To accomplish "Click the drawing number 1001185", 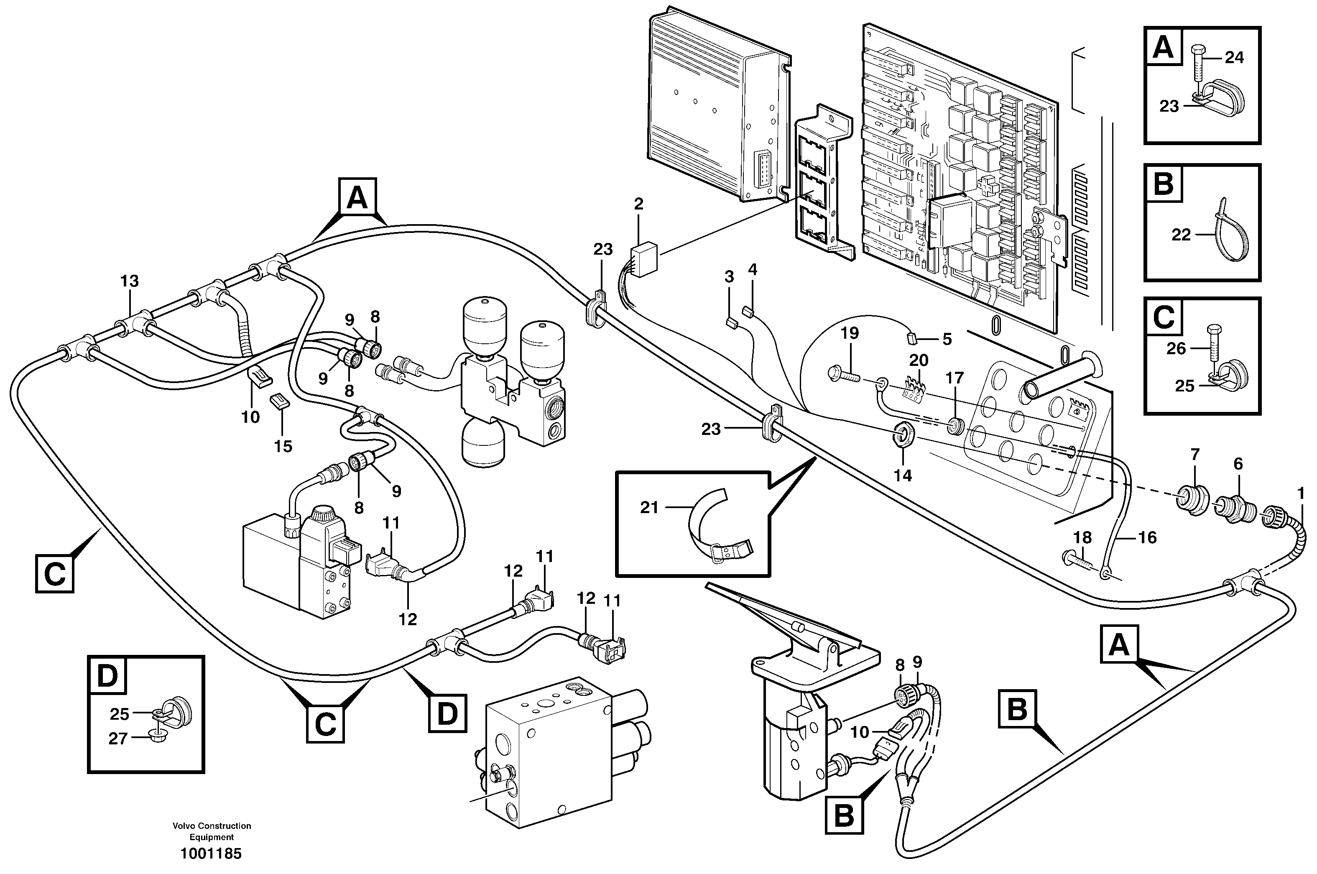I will tap(211, 854).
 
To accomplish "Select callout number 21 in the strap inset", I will tap(649, 507).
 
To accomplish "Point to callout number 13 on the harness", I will tap(129, 281).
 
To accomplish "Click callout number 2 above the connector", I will tap(638, 204).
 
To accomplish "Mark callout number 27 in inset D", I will tap(118, 739).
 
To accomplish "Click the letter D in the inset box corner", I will tap(107, 676).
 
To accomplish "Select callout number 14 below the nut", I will tap(903, 475).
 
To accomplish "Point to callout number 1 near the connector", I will tap(1300, 493).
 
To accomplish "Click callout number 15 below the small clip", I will tap(283, 446).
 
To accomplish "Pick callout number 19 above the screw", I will tap(850, 333).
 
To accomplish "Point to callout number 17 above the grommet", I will tap(955, 378).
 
